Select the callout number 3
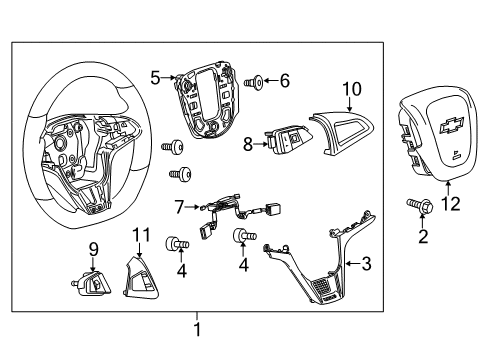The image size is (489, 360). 366,264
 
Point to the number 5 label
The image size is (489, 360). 155,75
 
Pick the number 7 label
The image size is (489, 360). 180,207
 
